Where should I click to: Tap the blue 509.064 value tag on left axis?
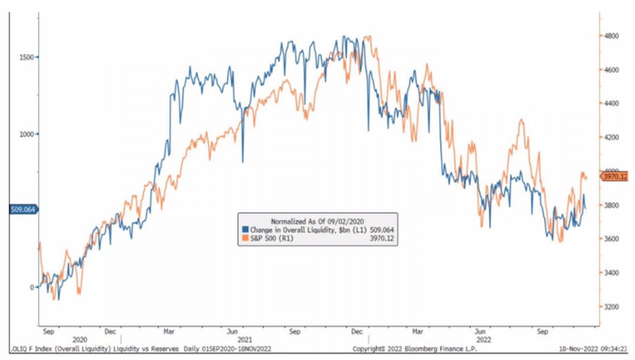pyautogui.click(x=23, y=209)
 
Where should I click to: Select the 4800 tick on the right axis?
pyautogui.click(x=611, y=35)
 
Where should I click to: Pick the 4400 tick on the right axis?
pyautogui.click(x=611, y=103)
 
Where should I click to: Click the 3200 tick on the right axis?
pyautogui.click(x=611, y=307)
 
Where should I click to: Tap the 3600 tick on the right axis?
pyautogui.click(x=611, y=239)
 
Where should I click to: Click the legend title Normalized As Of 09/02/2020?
pyautogui.click(x=317, y=220)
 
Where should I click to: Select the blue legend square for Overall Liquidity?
pyautogui.click(x=245, y=229)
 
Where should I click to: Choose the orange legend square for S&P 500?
pyautogui.click(x=245, y=239)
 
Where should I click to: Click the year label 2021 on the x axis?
pyautogui.click(x=242, y=339)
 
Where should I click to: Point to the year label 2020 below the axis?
pyautogui.click(x=80, y=339)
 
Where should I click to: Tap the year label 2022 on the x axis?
pyautogui.click(x=480, y=339)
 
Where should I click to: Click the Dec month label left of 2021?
pyautogui.click(x=110, y=330)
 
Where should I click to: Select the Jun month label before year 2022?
pyautogui.click(x=480, y=330)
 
